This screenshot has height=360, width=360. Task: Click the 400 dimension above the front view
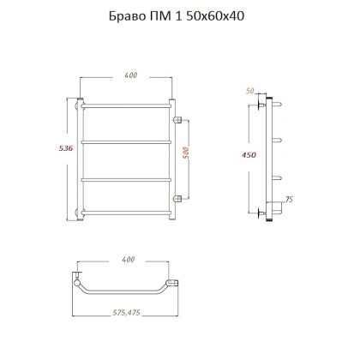[130, 75]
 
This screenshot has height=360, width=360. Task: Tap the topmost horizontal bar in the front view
[129, 106]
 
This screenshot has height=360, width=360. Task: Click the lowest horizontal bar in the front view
[129, 210]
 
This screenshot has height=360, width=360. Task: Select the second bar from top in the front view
[129, 141]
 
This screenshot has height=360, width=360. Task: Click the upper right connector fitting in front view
[178, 118]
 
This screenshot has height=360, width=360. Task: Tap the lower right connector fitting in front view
[178, 199]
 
